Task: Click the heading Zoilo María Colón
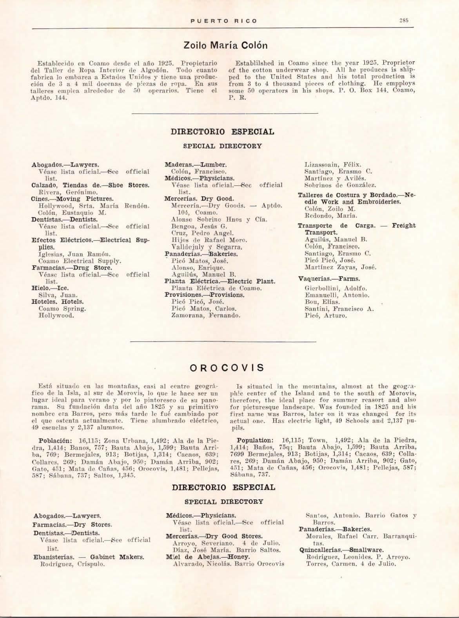coord(225,45)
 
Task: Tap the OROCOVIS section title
coord(227,368)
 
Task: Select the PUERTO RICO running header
coord(223,21)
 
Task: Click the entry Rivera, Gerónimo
coord(63,192)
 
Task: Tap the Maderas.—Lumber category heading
coord(196,165)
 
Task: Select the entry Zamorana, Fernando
coord(206,315)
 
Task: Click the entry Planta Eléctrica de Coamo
coord(216,288)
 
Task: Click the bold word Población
coord(54,440)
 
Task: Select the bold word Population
coord(254,440)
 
